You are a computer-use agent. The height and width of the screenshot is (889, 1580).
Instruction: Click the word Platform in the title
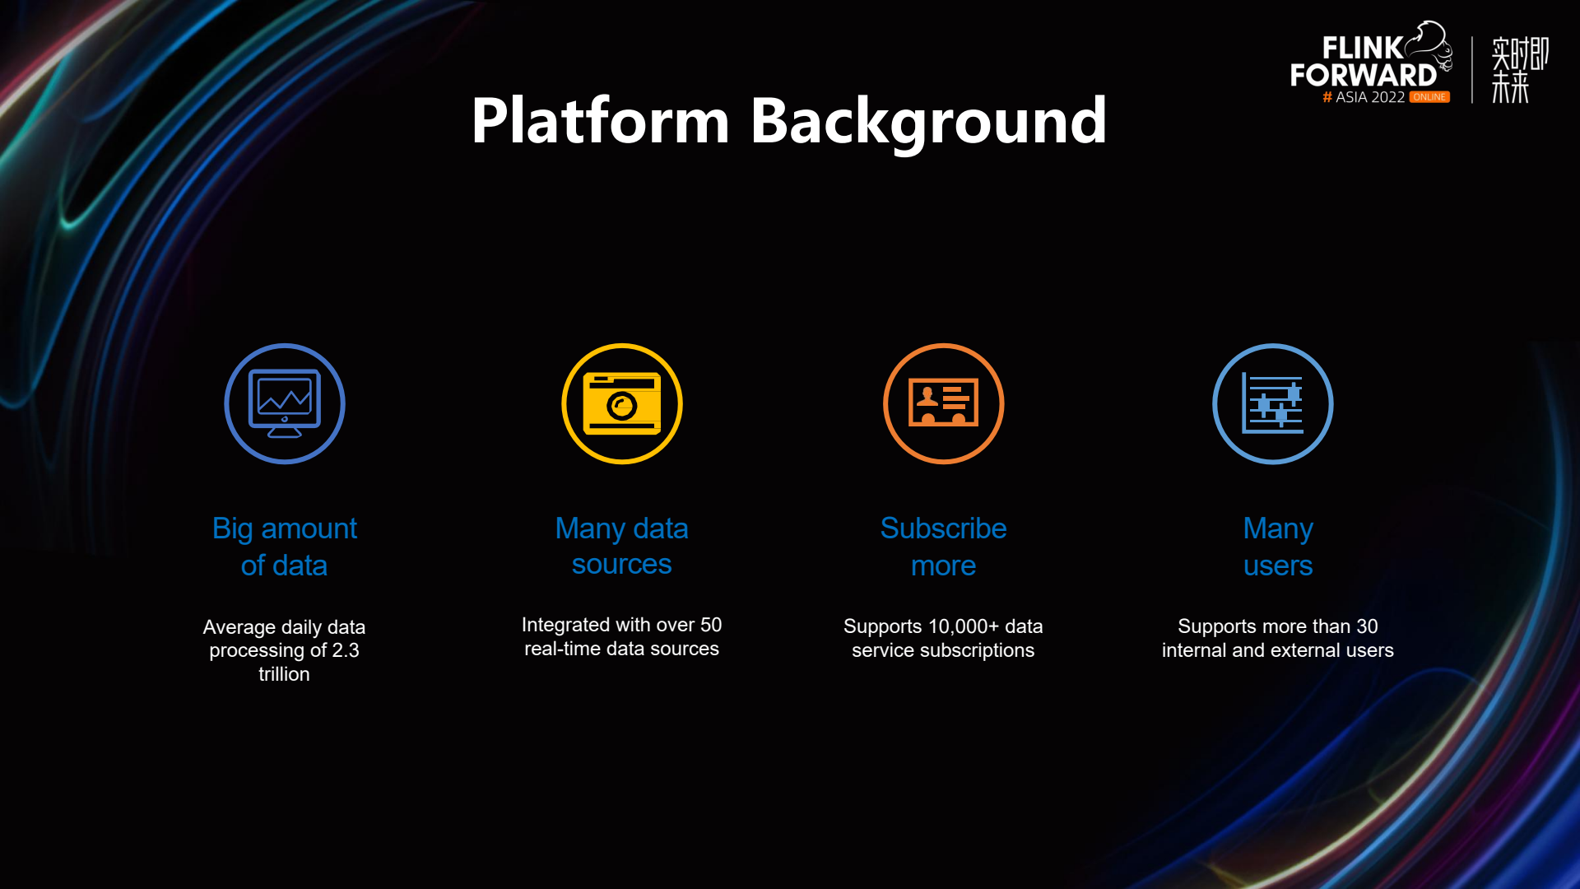pos(601,121)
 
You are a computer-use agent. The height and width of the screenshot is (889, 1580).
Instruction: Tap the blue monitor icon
pos(285,403)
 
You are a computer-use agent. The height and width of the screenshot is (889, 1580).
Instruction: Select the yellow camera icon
pos(622,403)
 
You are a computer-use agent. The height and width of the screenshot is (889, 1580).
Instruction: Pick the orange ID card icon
pos(944,403)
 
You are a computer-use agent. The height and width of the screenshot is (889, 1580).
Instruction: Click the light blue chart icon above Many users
pos(1273,403)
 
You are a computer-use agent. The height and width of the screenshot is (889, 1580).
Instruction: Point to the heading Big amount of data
pos(285,547)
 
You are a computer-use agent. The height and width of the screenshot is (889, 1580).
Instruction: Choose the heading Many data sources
pos(622,546)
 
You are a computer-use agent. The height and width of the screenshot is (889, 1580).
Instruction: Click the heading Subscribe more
pos(944,547)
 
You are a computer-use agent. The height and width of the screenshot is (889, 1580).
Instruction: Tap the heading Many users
pos(1278,547)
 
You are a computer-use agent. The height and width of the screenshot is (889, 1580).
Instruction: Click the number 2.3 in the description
pos(346,650)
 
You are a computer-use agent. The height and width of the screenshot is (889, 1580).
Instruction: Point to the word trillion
pos(285,674)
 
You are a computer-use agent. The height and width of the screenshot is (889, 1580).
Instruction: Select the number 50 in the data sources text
pos(711,625)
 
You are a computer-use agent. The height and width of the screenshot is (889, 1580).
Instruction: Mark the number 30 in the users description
pos(1367,626)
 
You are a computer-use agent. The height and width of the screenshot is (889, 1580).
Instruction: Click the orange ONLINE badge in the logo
pos(1429,97)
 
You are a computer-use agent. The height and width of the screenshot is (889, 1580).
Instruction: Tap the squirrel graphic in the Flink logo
pos(1430,45)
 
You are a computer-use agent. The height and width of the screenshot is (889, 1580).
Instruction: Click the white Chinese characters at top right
pos(1519,69)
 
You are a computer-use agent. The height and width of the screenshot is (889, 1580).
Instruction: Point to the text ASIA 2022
pos(1369,97)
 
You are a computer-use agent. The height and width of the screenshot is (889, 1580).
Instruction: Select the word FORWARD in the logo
pos(1363,75)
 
